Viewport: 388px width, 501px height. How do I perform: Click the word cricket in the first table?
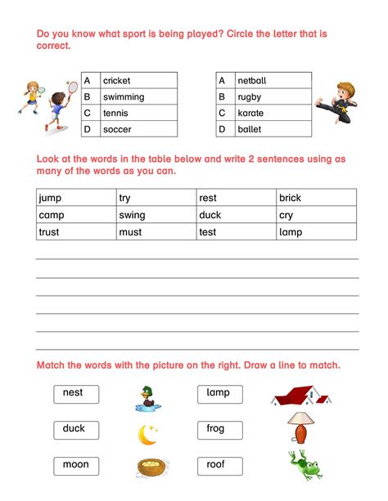(x=116, y=81)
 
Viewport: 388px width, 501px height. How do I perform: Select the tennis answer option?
(x=115, y=114)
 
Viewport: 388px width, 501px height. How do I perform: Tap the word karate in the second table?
(x=250, y=114)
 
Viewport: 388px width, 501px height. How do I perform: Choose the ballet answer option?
(x=249, y=129)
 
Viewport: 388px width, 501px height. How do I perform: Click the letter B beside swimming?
(x=87, y=97)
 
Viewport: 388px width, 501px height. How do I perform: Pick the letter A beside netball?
(x=221, y=81)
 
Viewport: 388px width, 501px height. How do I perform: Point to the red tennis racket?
(x=71, y=85)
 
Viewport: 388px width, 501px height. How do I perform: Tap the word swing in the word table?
(x=132, y=215)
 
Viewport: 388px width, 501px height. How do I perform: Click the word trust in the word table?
(x=50, y=232)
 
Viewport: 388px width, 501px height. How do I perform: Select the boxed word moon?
(x=74, y=465)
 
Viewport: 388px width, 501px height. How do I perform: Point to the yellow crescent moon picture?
(x=147, y=436)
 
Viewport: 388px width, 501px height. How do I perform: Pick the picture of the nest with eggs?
(x=153, y=467)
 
